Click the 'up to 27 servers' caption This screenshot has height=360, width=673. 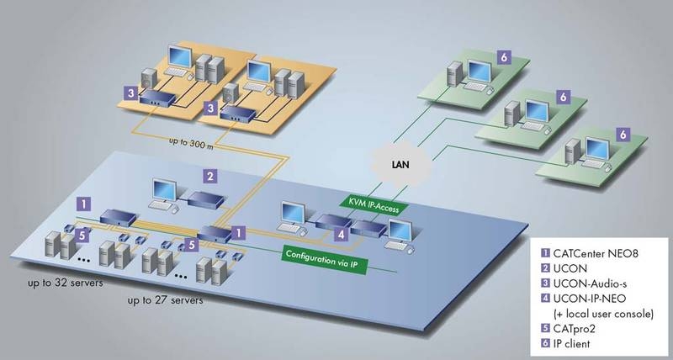[165, 299]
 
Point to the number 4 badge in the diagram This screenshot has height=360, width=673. [340, 233]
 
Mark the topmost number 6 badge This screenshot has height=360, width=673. [503, 56]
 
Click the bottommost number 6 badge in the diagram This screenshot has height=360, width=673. [623, 134]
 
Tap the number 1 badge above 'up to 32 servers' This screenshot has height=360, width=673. [83, 202]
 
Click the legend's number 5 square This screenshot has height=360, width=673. [545, 329]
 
